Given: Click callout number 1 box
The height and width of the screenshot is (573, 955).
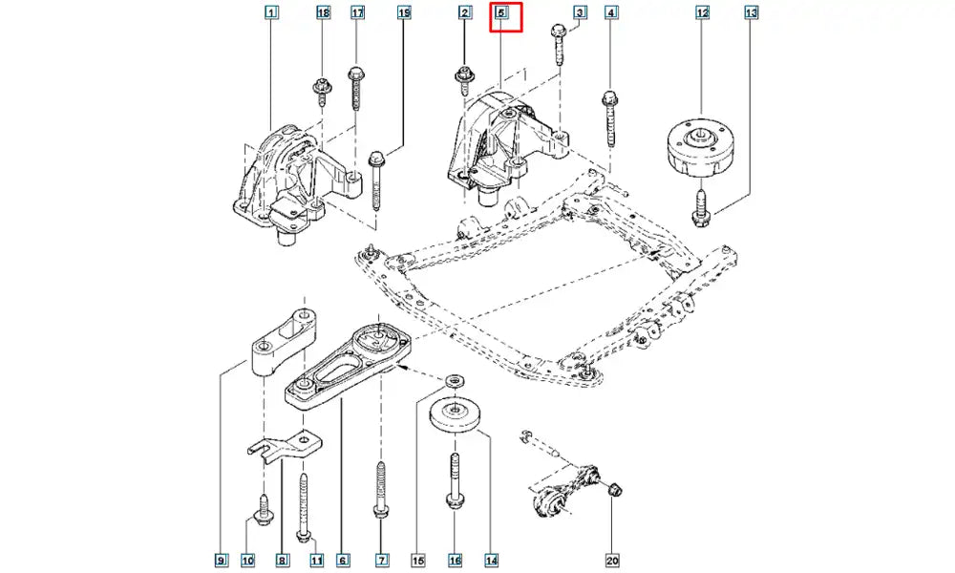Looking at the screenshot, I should coord(271,13).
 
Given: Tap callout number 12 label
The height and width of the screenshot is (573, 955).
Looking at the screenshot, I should coord(702,13).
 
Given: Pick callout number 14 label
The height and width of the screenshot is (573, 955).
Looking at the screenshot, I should coord(492,559).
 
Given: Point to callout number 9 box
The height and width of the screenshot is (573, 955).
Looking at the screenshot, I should coord(221,559).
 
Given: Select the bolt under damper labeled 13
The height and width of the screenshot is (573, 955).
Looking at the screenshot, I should coord(702,208).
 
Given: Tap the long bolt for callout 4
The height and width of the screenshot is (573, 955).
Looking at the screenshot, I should coord(609,118).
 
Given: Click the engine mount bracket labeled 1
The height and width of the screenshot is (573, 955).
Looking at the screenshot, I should coord(286,186).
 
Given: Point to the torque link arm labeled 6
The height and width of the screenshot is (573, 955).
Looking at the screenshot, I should coord(349,368).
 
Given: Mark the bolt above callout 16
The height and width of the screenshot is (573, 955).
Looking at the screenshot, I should coord(454,482).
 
